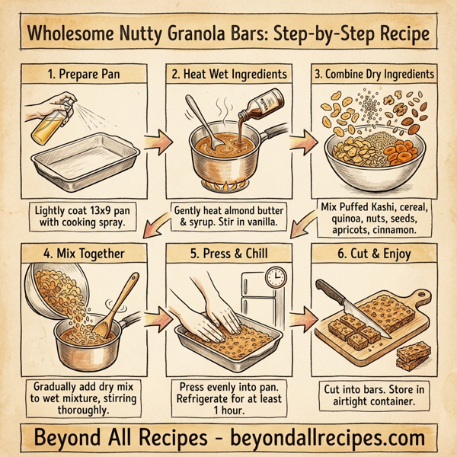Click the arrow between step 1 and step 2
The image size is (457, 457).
click(x=156, y=142)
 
